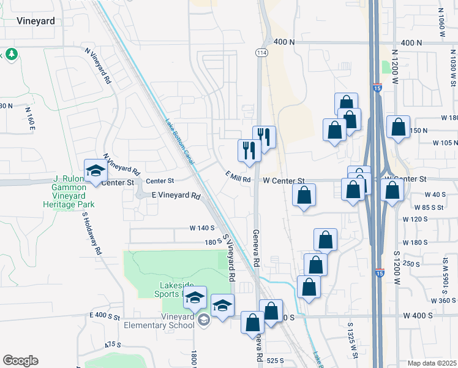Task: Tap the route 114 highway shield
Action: (x=262, y=53)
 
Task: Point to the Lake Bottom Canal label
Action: (x=179, y=140)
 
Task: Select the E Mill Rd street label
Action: (x=238, y=179)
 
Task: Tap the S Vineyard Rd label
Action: (x=230, y=258)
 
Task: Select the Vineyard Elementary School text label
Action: (x=160, y=321)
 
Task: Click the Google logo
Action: (x=20, y=361)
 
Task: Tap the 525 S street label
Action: (x=277, y=361)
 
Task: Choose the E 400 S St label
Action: (x=104, y=316)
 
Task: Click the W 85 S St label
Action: (x=429, y=207)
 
